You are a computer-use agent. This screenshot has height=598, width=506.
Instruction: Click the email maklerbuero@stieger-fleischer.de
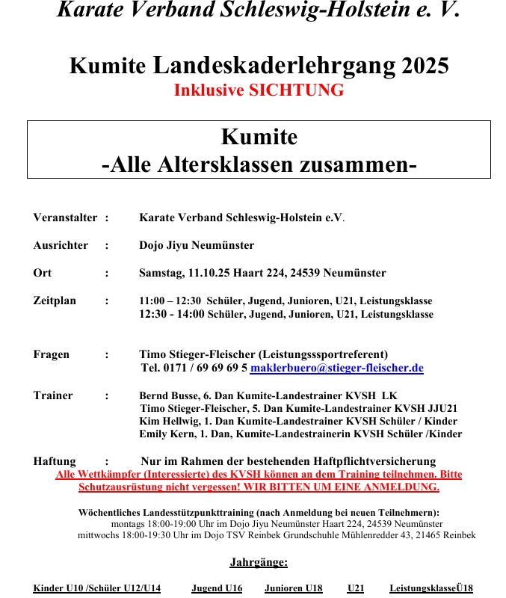[x=336, y=369]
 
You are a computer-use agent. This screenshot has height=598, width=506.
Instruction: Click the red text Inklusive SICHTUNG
[x=259, y=90]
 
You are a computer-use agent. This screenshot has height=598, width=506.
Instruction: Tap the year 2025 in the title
[x=425, y=66]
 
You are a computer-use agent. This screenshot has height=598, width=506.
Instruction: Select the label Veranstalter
[x=65, y=218]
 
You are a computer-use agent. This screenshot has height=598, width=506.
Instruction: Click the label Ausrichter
[x=61, y=245]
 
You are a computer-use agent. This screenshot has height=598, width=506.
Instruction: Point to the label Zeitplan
[x=55, y=300]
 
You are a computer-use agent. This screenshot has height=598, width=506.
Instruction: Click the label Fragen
[x=52, y=354]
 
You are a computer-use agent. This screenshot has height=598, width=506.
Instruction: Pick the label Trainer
[x=53, y=395]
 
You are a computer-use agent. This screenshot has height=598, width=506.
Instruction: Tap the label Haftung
[x=55, y=461]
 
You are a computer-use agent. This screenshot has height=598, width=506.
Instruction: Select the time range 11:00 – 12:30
[x=170, y=300]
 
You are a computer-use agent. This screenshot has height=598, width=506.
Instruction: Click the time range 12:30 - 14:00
[x=172, y=314]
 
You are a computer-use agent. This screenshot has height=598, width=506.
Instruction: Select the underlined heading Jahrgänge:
[x=259, y=562]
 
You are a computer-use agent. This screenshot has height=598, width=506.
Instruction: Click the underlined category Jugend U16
[x=217, y=588]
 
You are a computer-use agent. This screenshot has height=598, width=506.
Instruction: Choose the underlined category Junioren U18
[x=293, y=588]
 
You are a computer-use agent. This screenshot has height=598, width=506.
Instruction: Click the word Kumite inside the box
[x=259, y=138]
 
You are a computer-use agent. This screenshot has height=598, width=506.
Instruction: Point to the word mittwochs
[x=99, y=535]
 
